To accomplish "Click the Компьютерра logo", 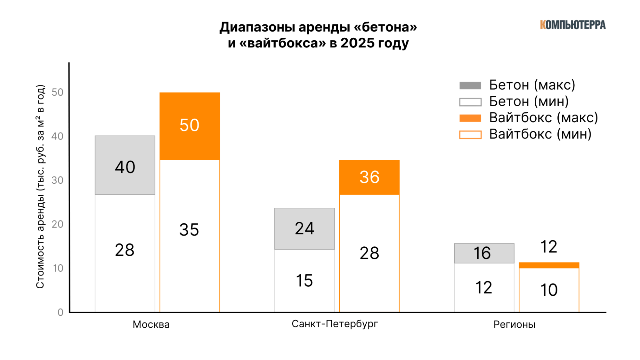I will (x=572, y=25).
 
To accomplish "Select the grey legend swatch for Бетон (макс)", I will (x=470, y=85).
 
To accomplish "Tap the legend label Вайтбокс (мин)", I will (x=540, y=134).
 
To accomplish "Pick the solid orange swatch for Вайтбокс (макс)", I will (x=470, y=118).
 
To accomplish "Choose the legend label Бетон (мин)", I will (x=529, y=101).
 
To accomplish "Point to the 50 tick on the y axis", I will (x=58, y=92).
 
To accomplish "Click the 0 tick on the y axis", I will (x=60, y=312).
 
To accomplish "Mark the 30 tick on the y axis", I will (x=58, y=180).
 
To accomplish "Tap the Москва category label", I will (x=151, y=324).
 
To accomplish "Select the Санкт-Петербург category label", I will (x=335, y=324).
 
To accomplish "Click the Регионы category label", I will (x=514, y=324).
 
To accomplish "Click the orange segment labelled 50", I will (x=190, y=125).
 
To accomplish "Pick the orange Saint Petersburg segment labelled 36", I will (x=369, y=177).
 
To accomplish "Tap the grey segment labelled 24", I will (x=304, y=228).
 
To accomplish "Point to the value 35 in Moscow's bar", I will (x=189, y=230).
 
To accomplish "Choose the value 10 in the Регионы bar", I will (x=549, y=290).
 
